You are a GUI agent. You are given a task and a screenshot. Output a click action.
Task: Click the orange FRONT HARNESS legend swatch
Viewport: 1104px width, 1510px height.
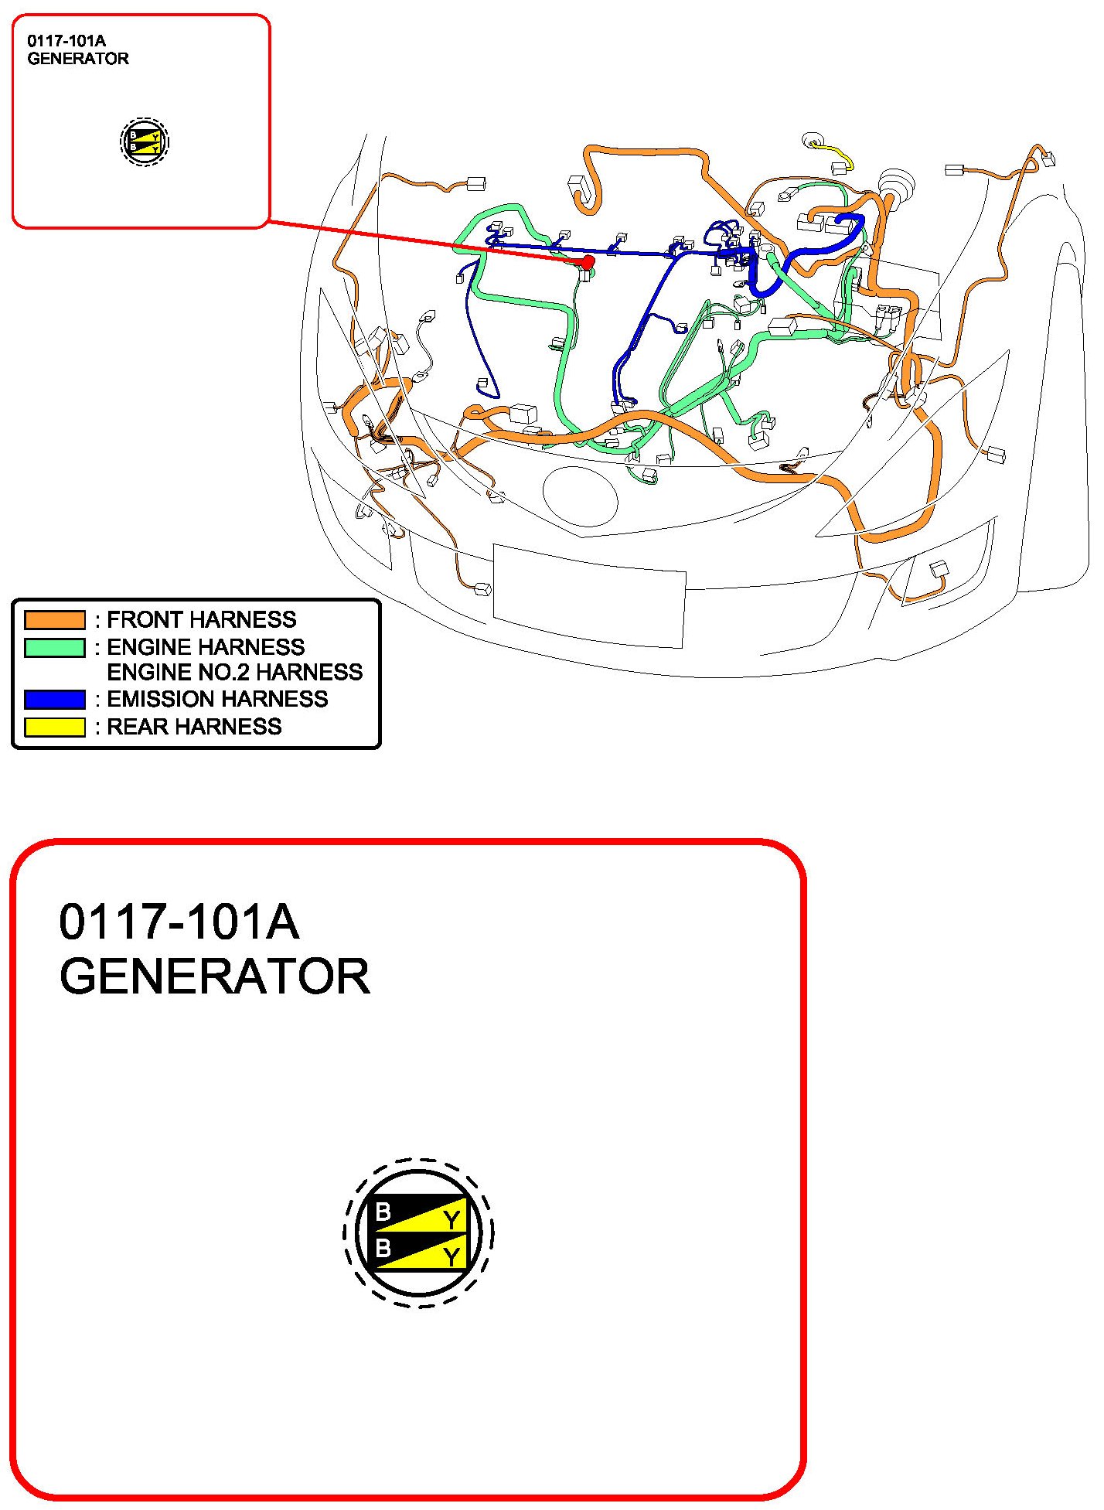click(55, 620)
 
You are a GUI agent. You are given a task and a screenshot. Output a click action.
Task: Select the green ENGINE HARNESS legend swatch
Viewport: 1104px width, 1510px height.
click(55, 647)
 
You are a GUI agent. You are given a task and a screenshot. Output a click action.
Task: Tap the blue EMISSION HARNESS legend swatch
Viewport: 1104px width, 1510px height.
click(55, 699)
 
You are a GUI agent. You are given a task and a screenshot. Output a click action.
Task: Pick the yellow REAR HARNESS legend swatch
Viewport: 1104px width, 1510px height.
click(55, 727)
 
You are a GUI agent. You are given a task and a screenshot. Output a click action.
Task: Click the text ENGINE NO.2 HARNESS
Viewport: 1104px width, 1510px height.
click(235, 672)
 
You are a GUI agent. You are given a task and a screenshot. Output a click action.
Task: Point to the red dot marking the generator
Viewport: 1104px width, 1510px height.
click(588, 262)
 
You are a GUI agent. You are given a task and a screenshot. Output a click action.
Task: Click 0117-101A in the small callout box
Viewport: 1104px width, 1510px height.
click(66, 41)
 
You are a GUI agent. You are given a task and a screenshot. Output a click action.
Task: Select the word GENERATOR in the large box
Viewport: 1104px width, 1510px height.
click(215, 977)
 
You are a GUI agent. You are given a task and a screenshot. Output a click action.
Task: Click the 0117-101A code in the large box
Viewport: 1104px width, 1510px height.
click(179, 922)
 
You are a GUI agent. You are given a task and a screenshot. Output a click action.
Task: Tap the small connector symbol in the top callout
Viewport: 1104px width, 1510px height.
click(145, 142)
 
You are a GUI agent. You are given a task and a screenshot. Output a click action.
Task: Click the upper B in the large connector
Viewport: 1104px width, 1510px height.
click(383, 1212)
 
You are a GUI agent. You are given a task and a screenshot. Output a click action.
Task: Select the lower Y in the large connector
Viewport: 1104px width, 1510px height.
click(451, 1258)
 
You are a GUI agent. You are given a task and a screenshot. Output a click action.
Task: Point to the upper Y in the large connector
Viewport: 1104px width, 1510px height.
click(451, 1221)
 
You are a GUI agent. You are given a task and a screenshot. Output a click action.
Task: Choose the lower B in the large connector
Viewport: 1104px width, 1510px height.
click(383, 1247)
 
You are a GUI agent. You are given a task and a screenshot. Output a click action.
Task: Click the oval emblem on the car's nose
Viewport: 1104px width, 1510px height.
click(581, 497)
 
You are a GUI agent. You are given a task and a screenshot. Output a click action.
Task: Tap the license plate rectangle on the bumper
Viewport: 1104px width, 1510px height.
click(589, 595)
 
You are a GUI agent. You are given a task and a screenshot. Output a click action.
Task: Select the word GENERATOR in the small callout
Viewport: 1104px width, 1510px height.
click(78, 59)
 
